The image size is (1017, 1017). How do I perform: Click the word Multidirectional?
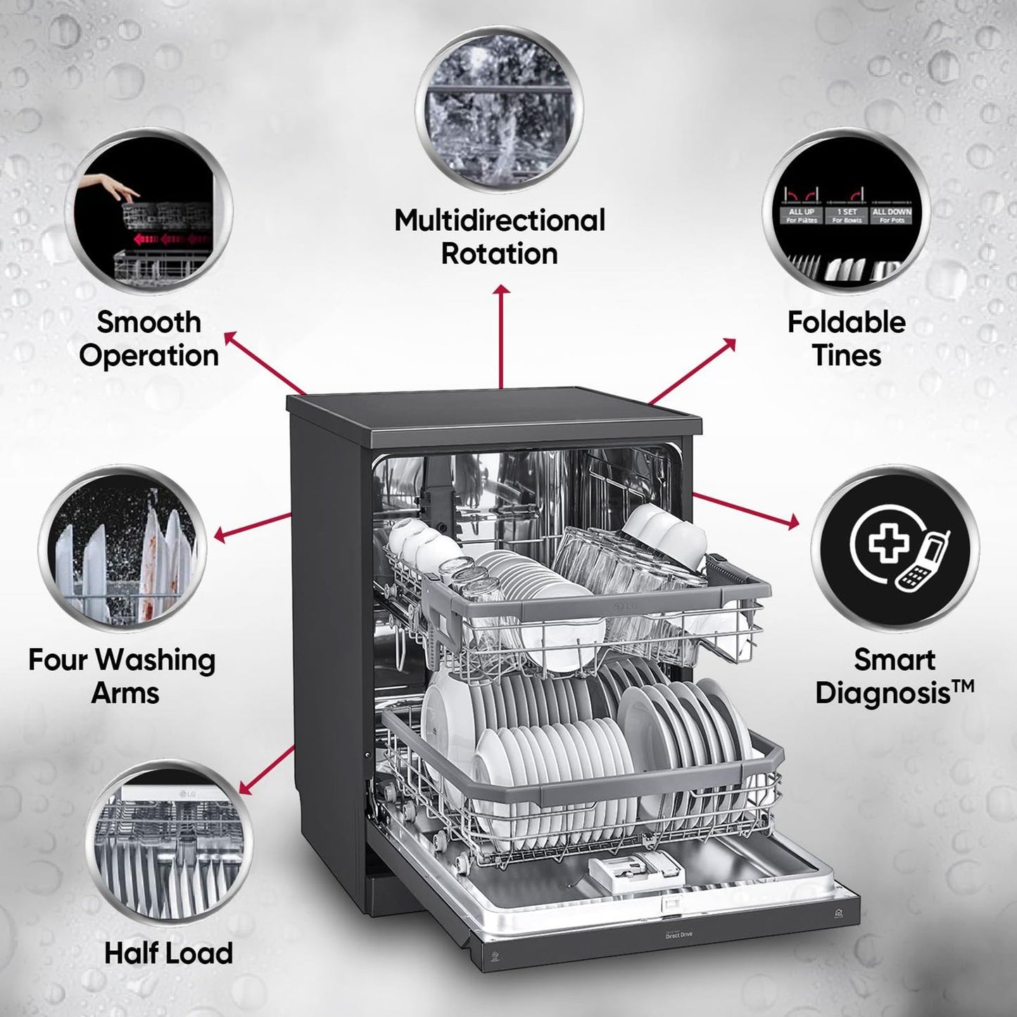pyautogui.click(x=499, y=220)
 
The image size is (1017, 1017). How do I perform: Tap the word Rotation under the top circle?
pyautogui.click(x=499, y=253)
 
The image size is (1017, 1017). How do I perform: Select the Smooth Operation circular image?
pyautogui.click(x=149, y=212)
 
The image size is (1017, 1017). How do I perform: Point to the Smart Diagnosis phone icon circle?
pyautogui.click(x=895, y=548)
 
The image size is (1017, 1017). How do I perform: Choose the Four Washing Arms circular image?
pyautogui.click(x=122, y=549)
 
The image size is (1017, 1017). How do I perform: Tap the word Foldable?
pyautogui.click(x=846, y=322)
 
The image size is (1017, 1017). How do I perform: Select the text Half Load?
pyautogui.click(x=168, y=953)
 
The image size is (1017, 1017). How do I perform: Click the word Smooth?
pyautogui.click(x=149, y=322)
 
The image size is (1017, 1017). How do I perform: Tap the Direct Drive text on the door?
pyautogui.click(x=680, y=935)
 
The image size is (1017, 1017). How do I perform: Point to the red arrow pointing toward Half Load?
pyautogui.click(x=267, y=769)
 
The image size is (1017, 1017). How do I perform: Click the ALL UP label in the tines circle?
pyautogui.click(x=801, y=212)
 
